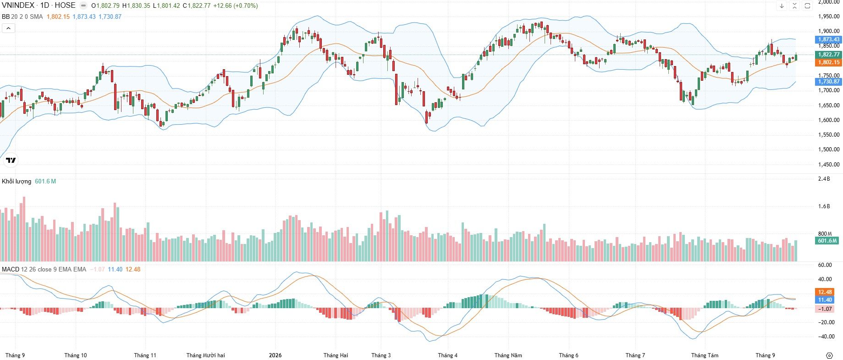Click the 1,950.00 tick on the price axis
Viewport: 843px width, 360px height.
click(x=829, y=17)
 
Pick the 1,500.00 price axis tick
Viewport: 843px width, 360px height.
click(x=829, y=150)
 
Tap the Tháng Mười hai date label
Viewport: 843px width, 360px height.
click(x=206, y=355)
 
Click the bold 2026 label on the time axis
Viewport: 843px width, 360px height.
click(x=275, y=355)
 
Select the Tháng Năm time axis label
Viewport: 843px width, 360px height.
click(x=508, y=355)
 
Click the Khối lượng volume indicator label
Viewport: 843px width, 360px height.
click(x=17, y=182)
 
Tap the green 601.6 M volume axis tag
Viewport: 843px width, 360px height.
click(x=828, y=241)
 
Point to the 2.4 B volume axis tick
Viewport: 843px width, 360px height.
click(x=824, y=179)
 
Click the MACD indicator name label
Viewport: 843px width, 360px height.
click(x=11, y=269)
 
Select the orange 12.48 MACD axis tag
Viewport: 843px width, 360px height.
click(x=825, y=292)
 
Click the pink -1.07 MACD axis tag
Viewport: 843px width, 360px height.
click(x=825, y=309)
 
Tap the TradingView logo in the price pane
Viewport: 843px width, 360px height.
click(x=11, y=160)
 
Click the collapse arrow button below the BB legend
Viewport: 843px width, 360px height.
click(x=8, y=28)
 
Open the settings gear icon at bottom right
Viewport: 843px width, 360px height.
click(x=829, y=355)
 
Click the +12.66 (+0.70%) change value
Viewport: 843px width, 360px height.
click(x=236, y=6)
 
